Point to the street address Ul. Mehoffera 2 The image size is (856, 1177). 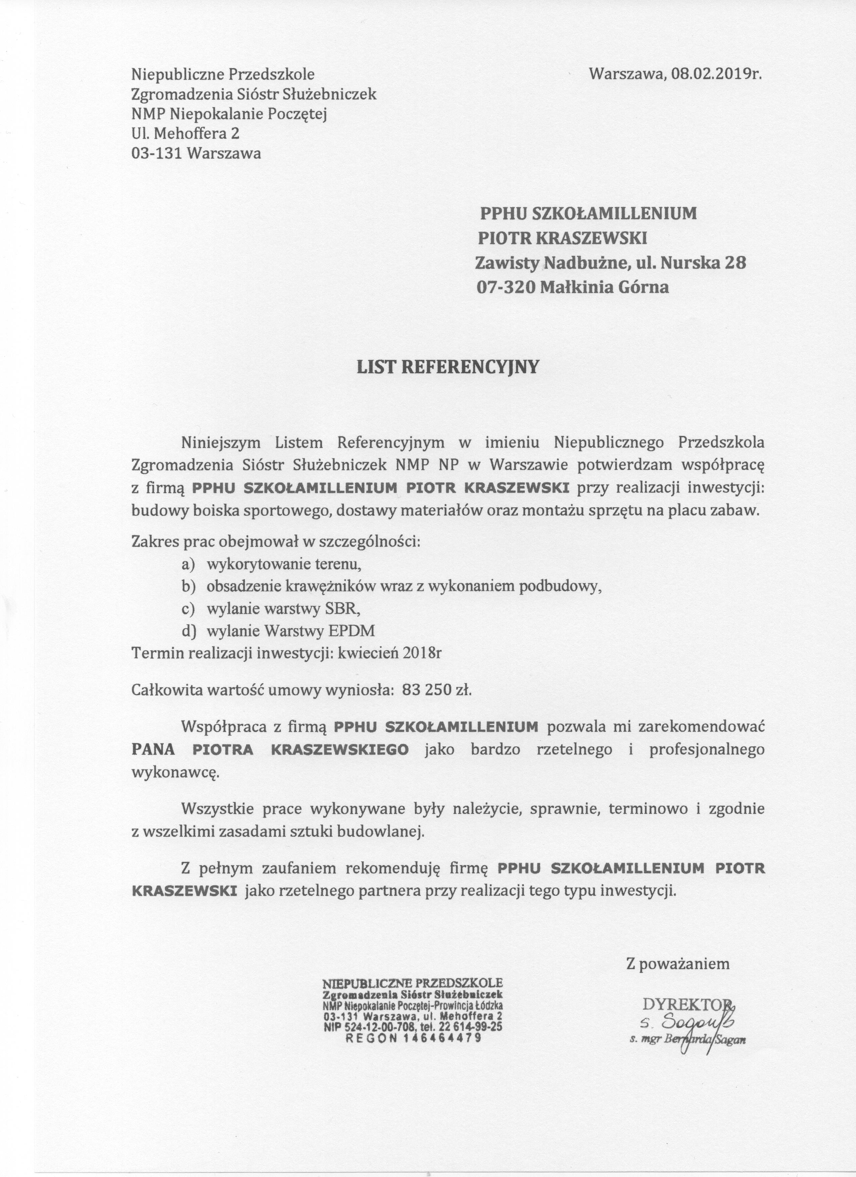pos(186,134)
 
